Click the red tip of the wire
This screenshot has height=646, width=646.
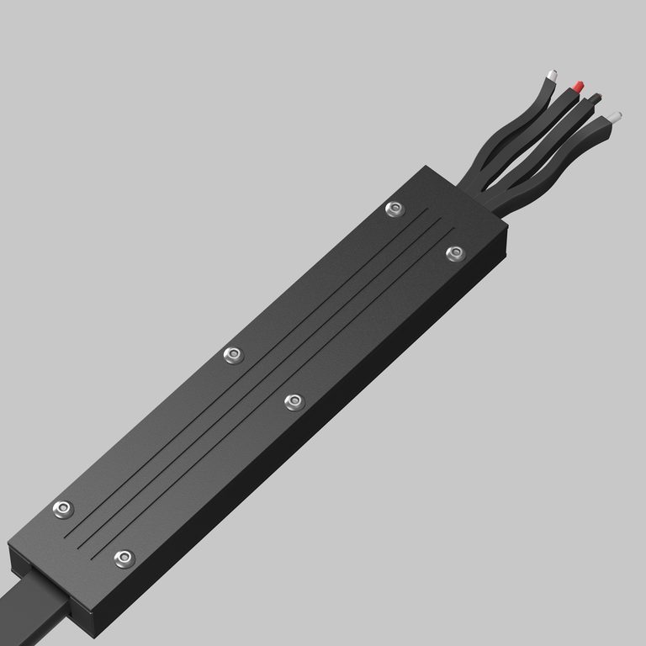pyautogui.click(x=578, y=86)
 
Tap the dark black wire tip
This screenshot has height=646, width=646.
pyautogui.click(x=596, y=98)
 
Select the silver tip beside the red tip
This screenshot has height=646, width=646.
pyautogui.click(x=553, y=75)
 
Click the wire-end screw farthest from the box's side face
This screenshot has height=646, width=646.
pyautogui.click(x=394, y=209)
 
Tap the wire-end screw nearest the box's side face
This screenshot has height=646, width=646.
pyautogui.click(x=454, y=253)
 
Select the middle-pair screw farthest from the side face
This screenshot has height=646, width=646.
pyautogui.click(x=233, y=356)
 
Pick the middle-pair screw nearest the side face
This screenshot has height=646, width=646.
pyautogui.click(x=294, y=402)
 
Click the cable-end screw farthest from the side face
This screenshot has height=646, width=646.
pyautogui.click(x=63, y=509)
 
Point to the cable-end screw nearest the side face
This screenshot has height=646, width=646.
pyautogui.click(x=124, y=557)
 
